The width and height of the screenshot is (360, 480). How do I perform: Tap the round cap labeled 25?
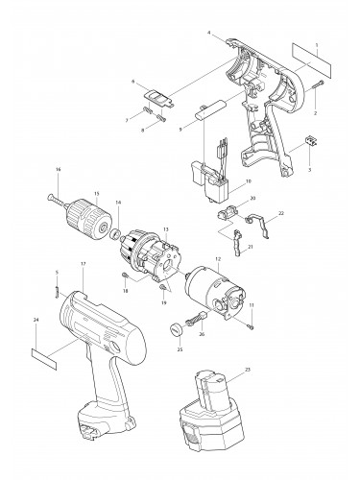176,331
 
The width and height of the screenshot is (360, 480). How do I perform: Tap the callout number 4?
208,33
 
